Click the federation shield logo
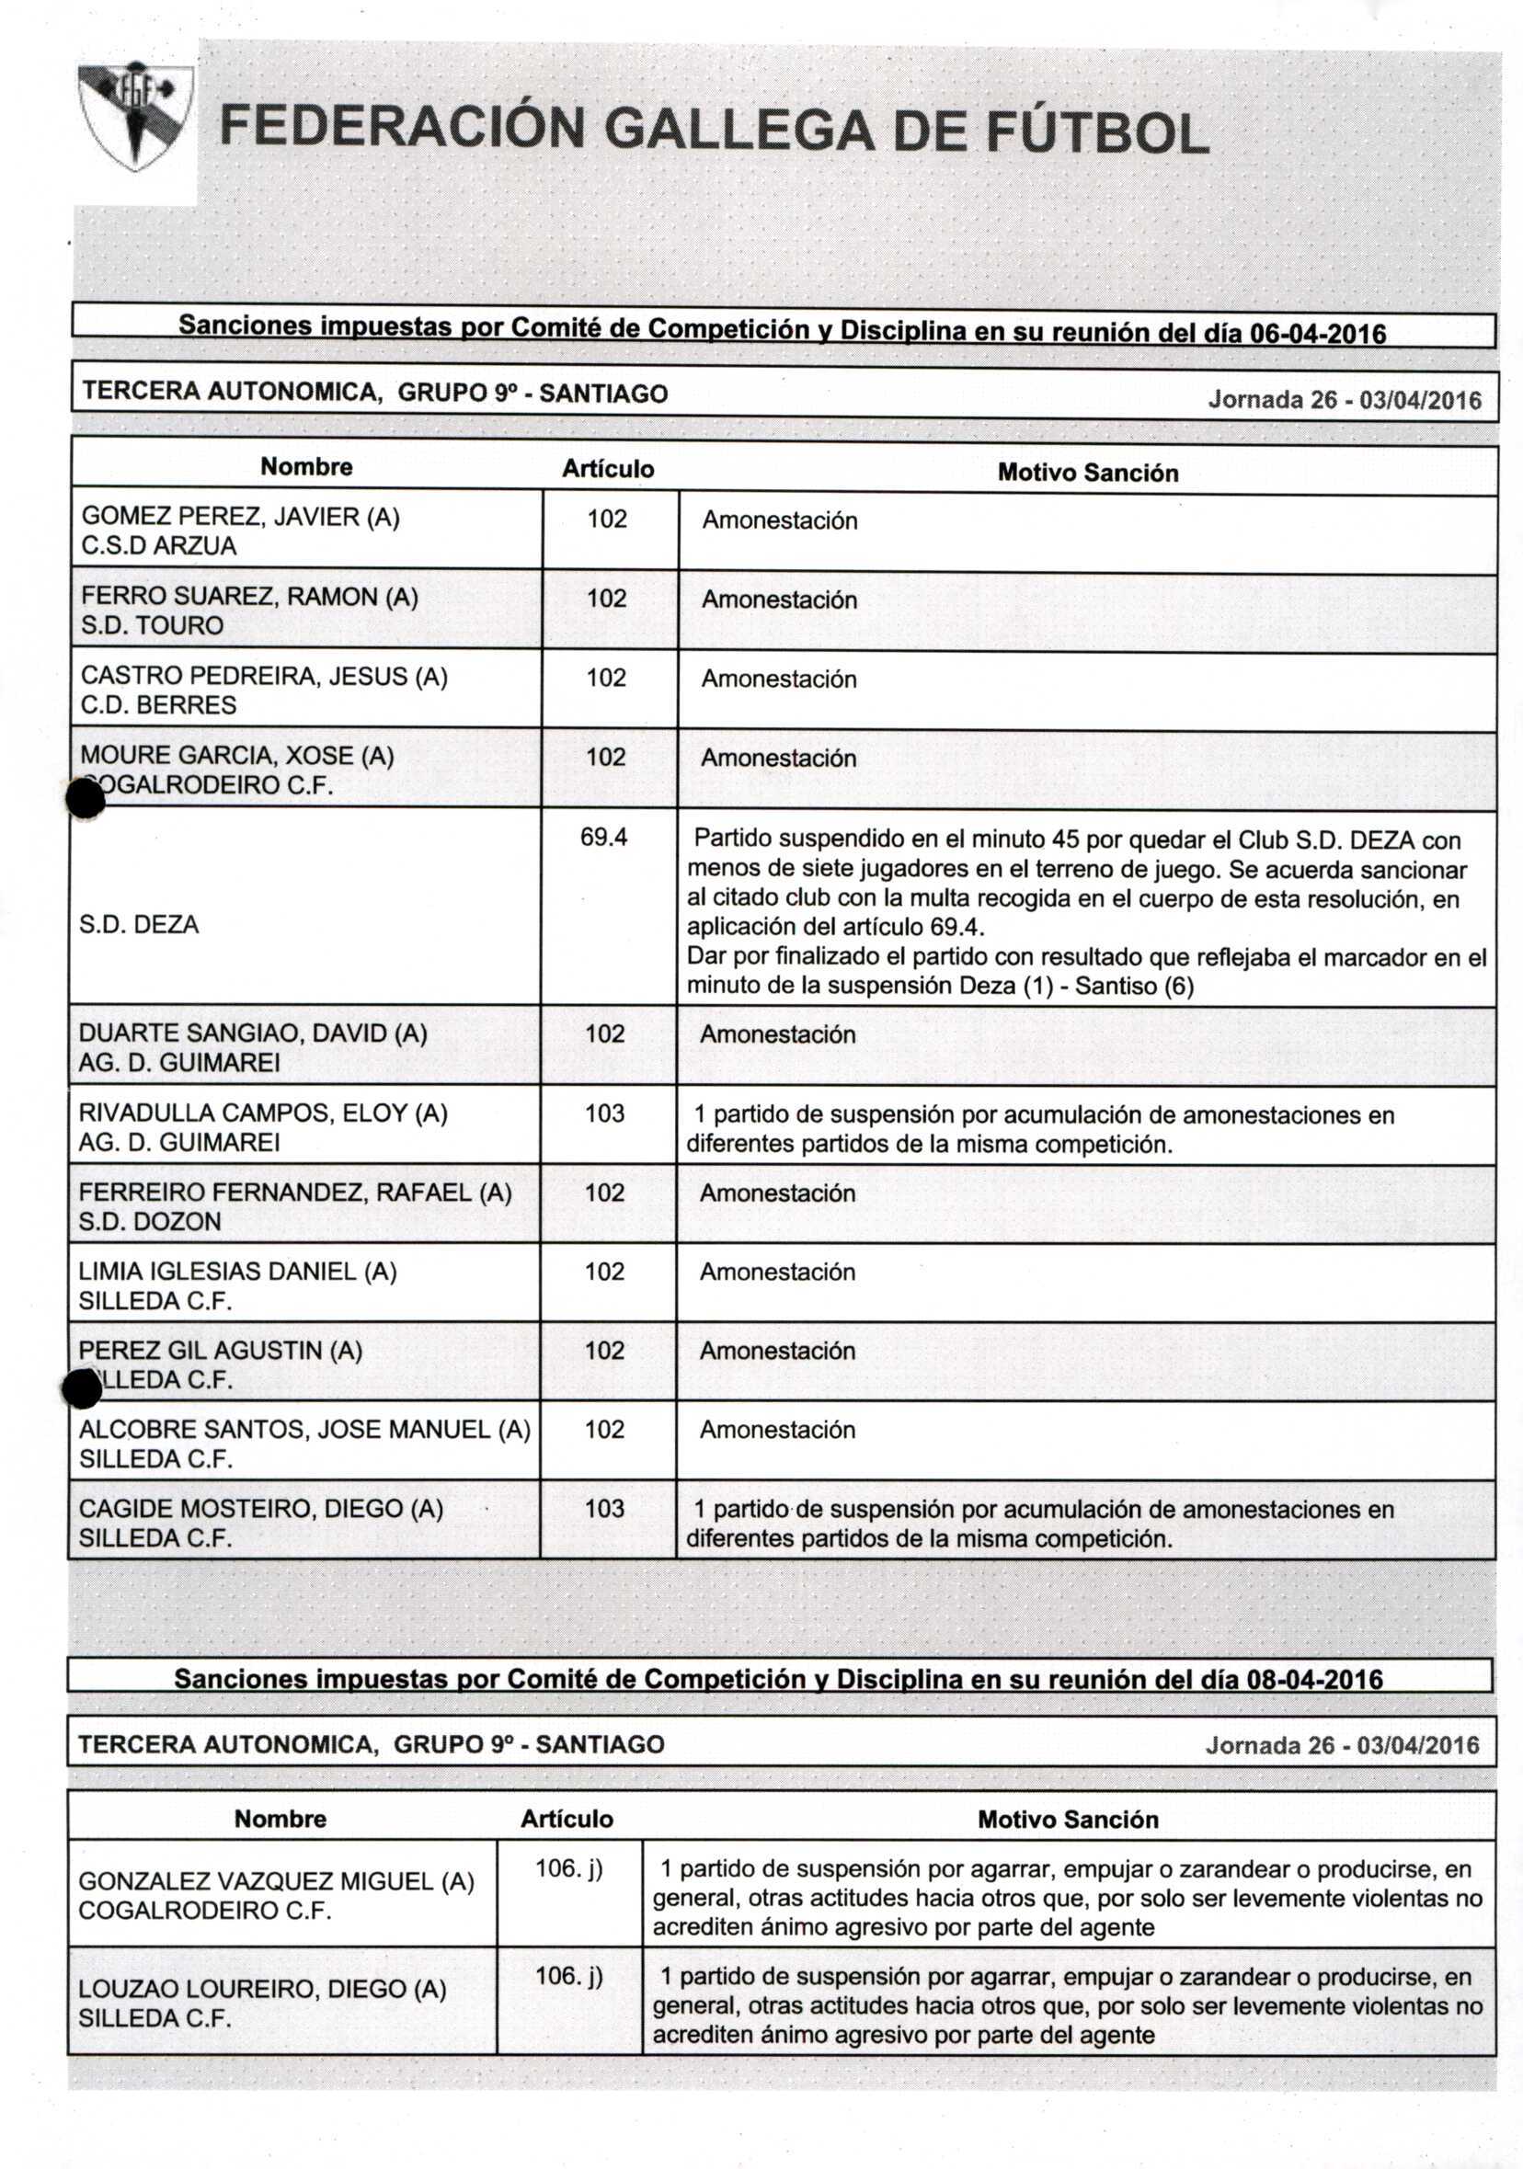click(x=135, y=115)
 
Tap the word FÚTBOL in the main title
click(x=1097, y=133)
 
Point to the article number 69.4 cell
click(x=603, y=837)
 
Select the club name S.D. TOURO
click(x=152, y=625)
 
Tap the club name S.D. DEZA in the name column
click(x=139, y=924)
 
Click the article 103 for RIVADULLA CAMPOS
click(x=604, y=1113)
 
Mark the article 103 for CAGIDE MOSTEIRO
click(x=604, y=1508)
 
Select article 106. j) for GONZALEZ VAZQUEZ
click(x=568, y=1867)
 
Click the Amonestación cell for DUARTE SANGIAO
click(x=777, y=1034)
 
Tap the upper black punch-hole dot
click(x=85, y=799)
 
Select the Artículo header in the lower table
click(x=567, y=1819)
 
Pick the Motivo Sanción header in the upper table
click(x=1087, y=473)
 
